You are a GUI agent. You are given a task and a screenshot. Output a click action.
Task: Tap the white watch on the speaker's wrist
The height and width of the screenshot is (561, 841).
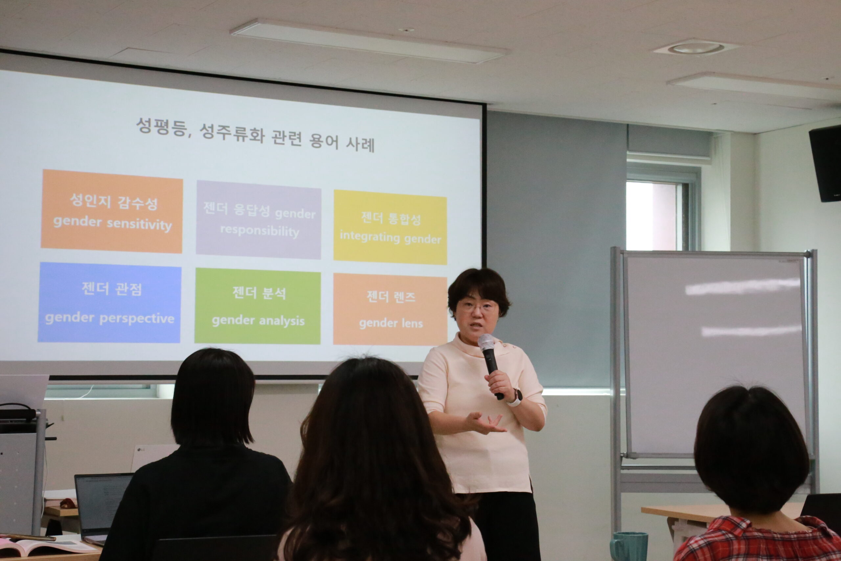coord(515,398)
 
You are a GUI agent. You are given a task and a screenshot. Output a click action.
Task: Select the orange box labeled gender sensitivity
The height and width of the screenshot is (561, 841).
coord(112,211)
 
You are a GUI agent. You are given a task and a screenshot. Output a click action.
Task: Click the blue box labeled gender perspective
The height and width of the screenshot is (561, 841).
coord(109,303)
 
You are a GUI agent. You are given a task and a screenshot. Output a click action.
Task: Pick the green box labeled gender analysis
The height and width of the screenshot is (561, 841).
coord(258,306)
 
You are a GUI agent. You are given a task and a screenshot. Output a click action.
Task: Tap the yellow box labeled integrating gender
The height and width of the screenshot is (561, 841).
coord(390,227)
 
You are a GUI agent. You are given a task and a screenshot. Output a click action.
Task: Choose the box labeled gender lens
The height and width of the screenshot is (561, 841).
coord(390,310)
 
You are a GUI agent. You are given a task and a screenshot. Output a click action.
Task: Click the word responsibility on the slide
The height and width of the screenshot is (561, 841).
coord(260,231)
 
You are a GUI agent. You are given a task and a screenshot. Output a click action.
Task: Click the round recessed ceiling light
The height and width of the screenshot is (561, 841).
coord(695,48)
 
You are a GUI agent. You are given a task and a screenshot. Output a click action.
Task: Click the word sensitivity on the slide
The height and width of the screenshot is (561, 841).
coord(139,224)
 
